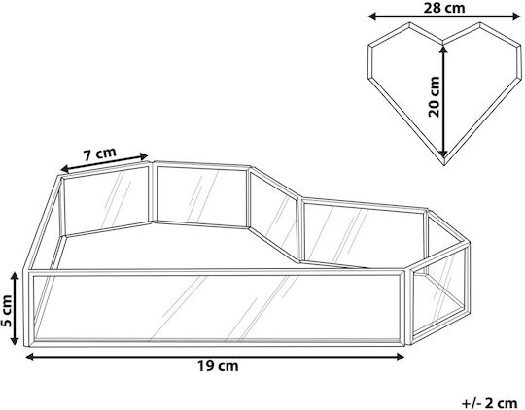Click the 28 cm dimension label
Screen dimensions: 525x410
click(444, 8)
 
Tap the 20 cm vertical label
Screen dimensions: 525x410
click(434, 97)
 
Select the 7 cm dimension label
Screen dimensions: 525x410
click(99, 154)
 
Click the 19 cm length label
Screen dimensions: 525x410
click(218, 366)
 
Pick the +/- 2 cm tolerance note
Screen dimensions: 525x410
click(489, 403)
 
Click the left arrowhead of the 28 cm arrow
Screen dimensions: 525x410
click(372, 17)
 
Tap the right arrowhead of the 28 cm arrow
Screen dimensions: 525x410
click(516, 17)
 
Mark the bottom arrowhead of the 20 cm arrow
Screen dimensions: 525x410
click(443, 153)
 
